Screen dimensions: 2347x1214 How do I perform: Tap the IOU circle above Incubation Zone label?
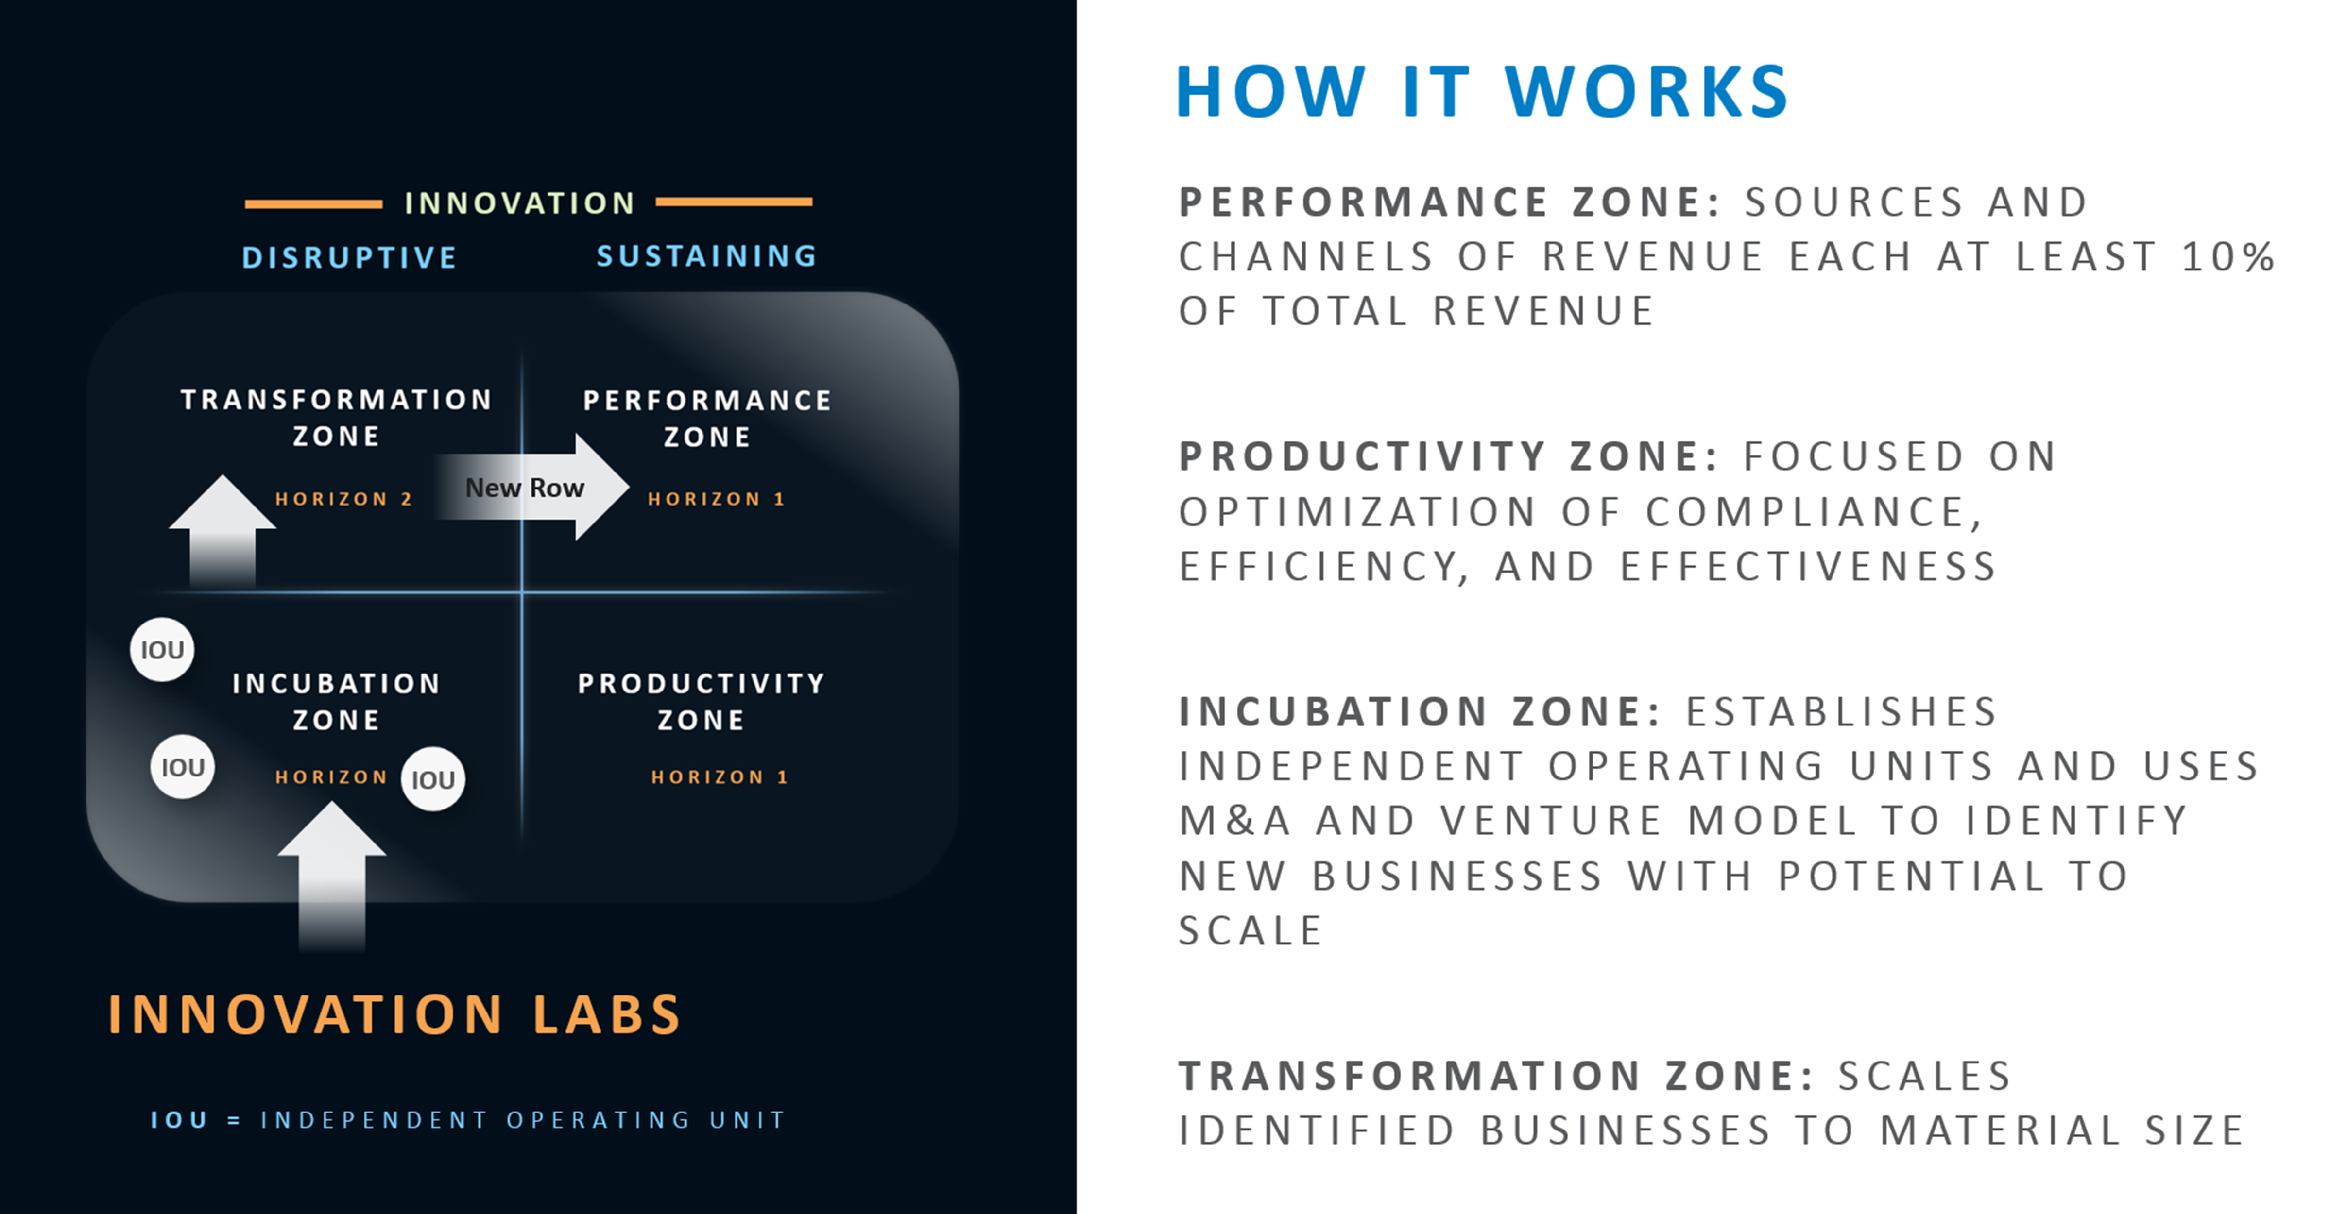pyautogui.click(x=162, y=649)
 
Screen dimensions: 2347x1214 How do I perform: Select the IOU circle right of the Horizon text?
pyautogui.click(x=433, y=779)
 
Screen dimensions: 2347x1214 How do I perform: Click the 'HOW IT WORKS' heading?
pyautogui.click(x=1482, y=92)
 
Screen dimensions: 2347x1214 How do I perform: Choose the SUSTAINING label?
pyautogui.click(x=707, y=256)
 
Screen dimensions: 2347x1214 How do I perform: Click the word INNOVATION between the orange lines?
pyautogui.click(x=519, y=202)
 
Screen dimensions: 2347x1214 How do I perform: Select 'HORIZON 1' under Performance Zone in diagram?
pyautogui.click(x=716, y=499)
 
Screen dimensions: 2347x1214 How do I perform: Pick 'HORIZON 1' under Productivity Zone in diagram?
pyautogui.click(x=720, y=777)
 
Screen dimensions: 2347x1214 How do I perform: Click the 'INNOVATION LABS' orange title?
pyautogui.click(x=394, y=1014)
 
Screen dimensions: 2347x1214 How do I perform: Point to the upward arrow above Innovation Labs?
pyautogui.click(x=332, y=876)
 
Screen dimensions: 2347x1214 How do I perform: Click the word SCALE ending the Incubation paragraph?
pyautogui.click(x=1250, y=931)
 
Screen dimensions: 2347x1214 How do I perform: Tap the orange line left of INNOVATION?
pyautogui.click(x=313, y=204)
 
